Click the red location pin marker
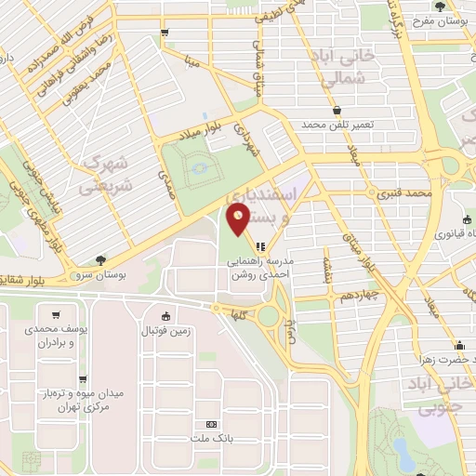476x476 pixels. point(238,221)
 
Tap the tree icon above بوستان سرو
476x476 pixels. point(100,260)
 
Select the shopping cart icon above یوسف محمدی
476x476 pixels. point(58,314)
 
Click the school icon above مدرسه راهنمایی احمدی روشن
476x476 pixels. point(262,247)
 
